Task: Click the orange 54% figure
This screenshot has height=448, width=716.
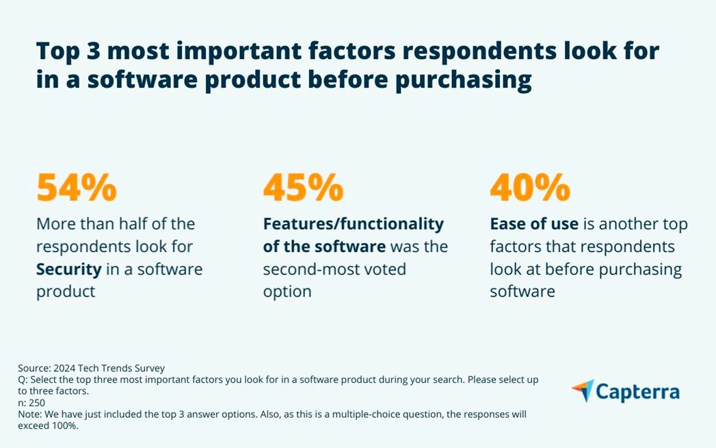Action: tap(77, 188)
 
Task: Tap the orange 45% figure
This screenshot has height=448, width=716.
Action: tap(303, 188)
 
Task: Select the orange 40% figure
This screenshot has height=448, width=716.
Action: tap(530, 188)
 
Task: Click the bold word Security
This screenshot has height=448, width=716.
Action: tap(68, 269)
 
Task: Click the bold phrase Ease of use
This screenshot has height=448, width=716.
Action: tap(534, 224)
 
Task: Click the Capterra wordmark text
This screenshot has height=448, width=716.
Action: tap(637, 392)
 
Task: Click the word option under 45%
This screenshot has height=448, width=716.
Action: tap(287, 291)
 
